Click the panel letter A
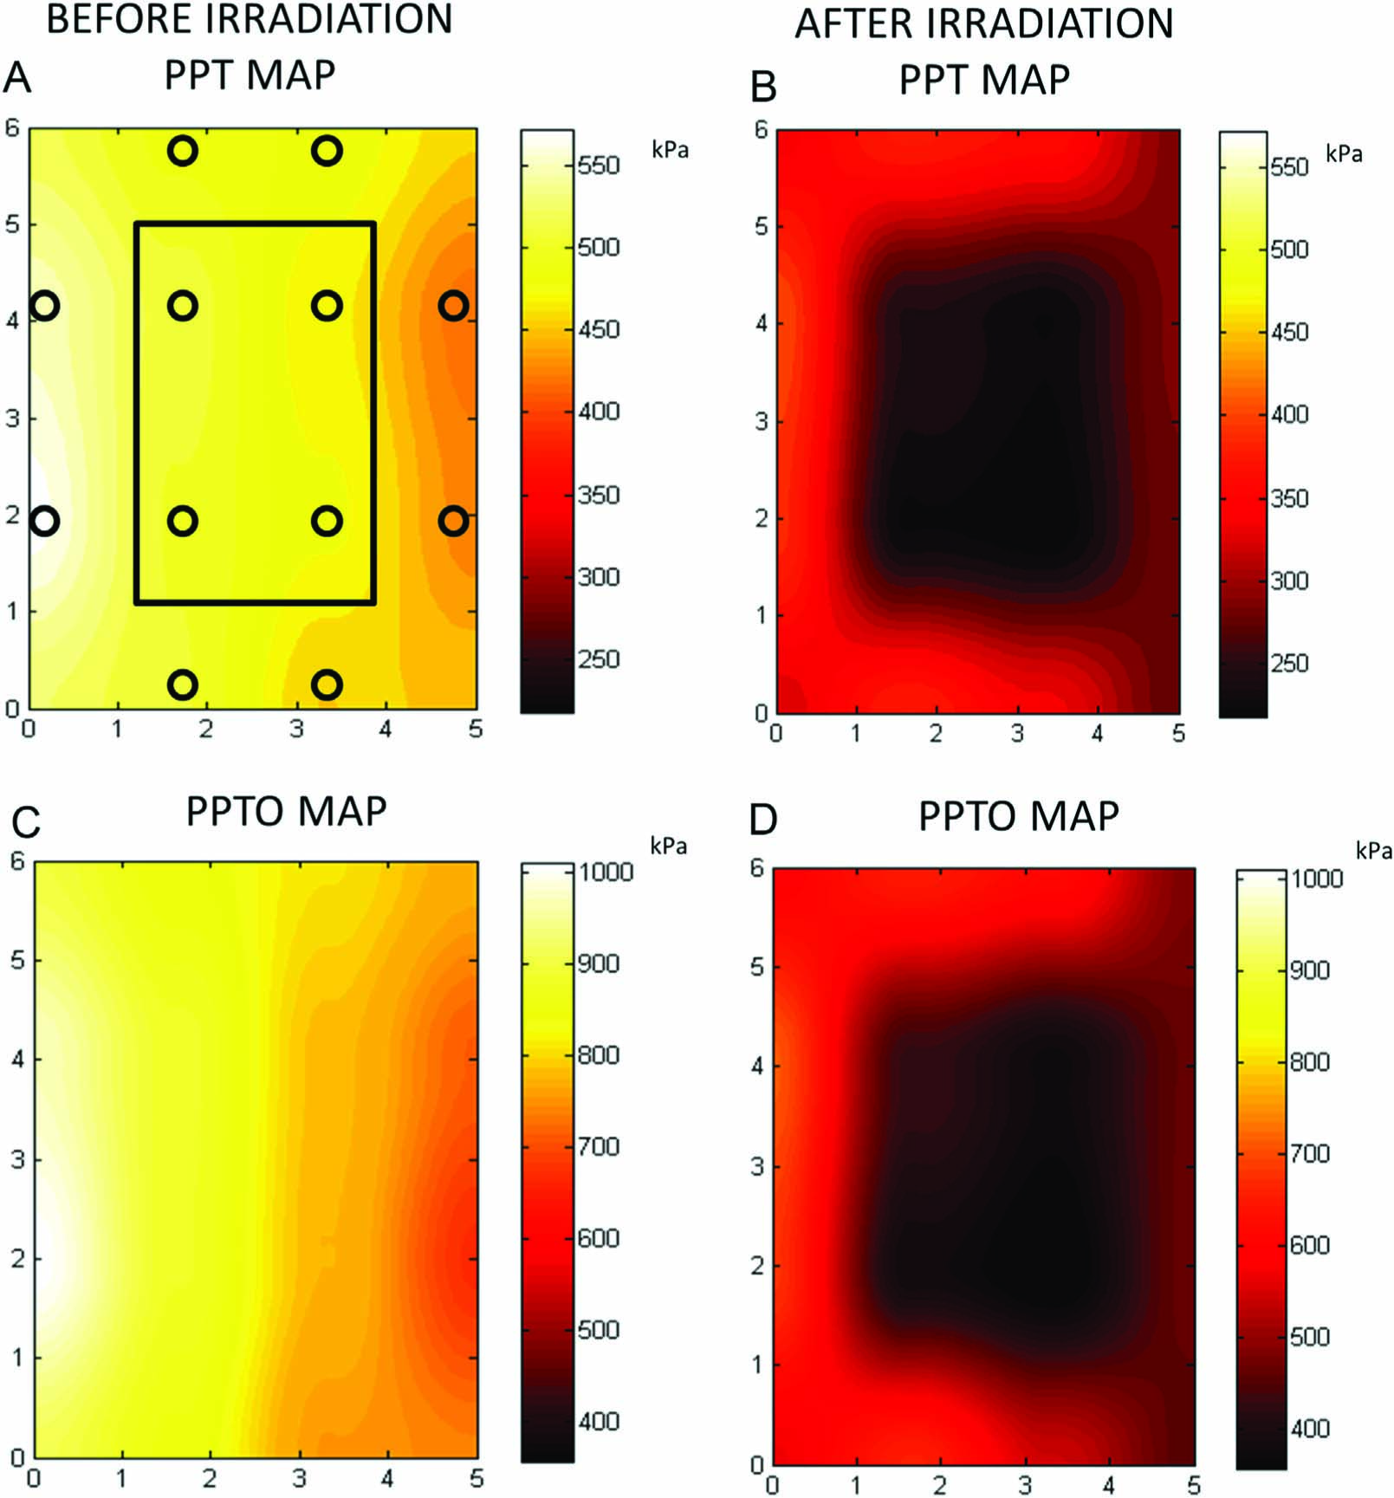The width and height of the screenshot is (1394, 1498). (x=17, y=78)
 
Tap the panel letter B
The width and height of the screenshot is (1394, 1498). (x=763, y=86)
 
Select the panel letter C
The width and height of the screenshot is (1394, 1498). (x=25, y=821)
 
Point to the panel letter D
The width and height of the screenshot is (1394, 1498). (x=763, y=820)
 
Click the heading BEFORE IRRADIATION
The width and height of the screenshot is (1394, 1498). (x=249, y=19)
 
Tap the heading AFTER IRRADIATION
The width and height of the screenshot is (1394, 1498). (x=983, y=23)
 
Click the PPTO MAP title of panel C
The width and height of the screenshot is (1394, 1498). (x=286, y=812)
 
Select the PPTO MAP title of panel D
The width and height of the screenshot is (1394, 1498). (x=1018, y=816)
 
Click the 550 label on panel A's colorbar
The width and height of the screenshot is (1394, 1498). (x=599, y=165)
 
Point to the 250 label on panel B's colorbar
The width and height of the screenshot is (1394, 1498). (x=1289, y=664)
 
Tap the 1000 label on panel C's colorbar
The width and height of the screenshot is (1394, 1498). (x=606, y=872)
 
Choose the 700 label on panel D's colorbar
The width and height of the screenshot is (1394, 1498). (x=1309, y=1154)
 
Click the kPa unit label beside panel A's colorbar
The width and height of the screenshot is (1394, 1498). (x=670, y=150)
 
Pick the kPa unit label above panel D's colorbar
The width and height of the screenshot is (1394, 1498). (x=1373, y=851)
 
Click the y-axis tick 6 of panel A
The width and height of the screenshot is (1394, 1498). (x=12, y=128)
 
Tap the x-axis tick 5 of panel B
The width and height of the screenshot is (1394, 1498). (x=1178, y=734)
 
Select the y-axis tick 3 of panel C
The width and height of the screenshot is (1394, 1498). (x=17, y=1159)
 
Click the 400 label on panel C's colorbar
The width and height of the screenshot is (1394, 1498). (x=599, y=1422)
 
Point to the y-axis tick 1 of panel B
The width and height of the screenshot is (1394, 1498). (x=762, y=616)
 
